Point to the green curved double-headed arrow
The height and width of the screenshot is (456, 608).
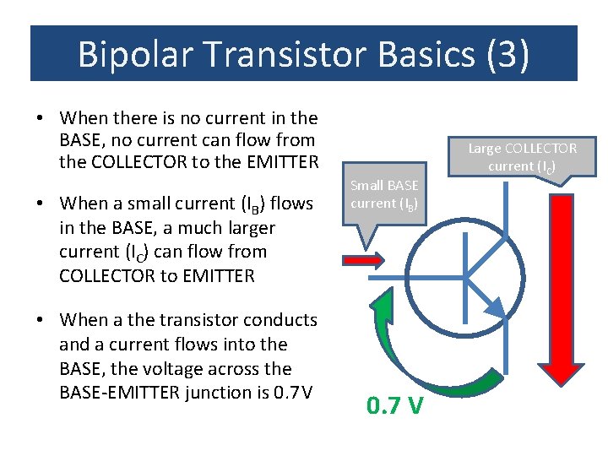coord(422,346)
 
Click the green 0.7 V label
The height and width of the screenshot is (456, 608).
coord(394,407)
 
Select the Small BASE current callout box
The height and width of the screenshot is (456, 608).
coord(384,194)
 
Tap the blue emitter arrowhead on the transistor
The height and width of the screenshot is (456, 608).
coord(497,307)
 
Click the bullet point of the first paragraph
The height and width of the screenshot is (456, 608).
coord(41,117)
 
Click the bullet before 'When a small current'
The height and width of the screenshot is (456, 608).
coord(41,204)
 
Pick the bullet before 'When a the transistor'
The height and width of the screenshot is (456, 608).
coord(41,321)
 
